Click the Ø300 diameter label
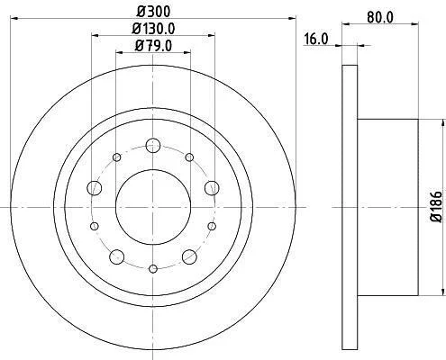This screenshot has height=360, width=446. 153,12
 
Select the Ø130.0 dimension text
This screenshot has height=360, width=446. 153,29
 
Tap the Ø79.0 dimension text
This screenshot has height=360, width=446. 153,46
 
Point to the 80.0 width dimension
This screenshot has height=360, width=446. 379,17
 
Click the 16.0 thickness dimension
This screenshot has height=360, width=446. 316,40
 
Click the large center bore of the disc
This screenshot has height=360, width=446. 153,207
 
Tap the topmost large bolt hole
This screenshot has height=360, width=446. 153,146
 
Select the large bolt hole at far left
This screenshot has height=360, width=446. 95,188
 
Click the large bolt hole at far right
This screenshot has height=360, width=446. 212,188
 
